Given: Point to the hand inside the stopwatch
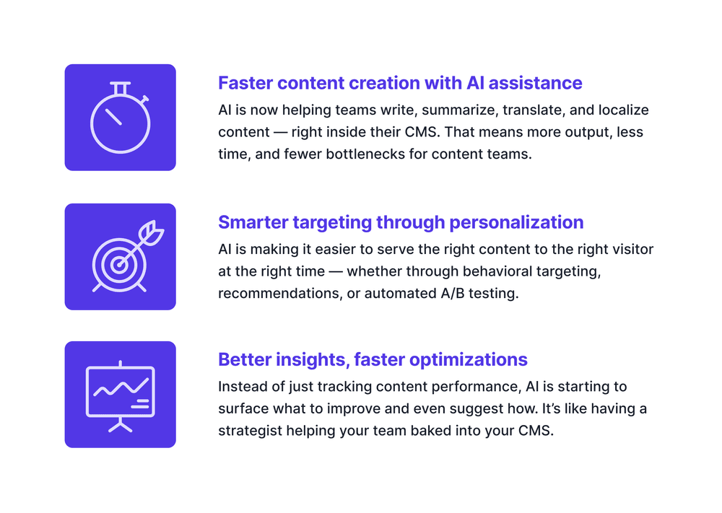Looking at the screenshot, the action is click(x=113, y=117).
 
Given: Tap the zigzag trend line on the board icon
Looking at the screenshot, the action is click(x=121, y=387).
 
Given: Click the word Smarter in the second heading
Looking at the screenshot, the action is click(x=253, y=222).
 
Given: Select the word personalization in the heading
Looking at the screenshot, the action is click(x=516, y=223).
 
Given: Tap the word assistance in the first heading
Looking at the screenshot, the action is click(x=535, y=83).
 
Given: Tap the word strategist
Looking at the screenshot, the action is click(x=250, y=431).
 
